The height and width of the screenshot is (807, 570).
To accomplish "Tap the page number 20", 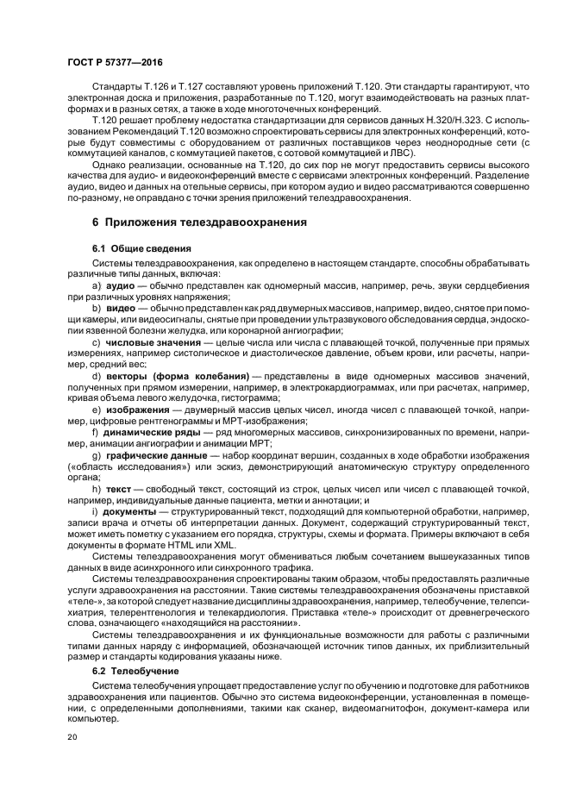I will [x=73, y=736].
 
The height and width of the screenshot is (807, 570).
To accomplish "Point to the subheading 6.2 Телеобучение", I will [x=128, y=670].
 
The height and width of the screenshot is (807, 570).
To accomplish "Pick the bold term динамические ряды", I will [x=153, y=431].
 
